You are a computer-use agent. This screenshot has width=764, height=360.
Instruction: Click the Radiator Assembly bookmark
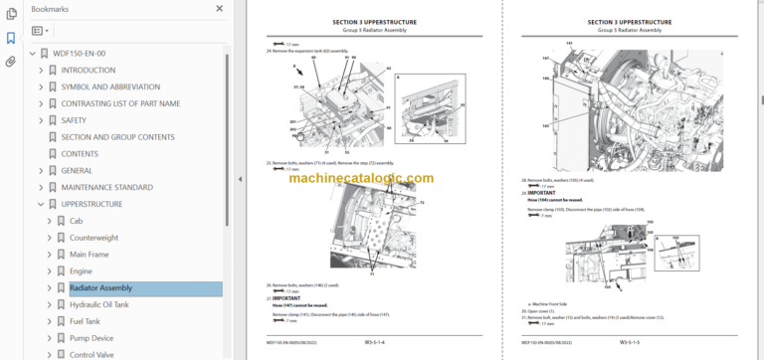point(100,288)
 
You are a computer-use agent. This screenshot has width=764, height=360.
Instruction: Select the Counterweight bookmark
point(94,238)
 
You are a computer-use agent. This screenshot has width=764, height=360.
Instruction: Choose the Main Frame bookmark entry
point(91,255)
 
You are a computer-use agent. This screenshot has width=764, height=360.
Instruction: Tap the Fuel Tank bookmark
point(86,321)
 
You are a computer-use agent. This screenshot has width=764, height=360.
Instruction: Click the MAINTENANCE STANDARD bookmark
point(107,187)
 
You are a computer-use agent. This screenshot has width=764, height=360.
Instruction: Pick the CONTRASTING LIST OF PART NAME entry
point(120,103)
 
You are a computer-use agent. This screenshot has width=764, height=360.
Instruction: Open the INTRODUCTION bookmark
point(89,70)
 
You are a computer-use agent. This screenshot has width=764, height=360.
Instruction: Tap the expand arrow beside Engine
point(50,271)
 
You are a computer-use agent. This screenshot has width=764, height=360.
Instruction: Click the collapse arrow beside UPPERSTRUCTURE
point(41,204)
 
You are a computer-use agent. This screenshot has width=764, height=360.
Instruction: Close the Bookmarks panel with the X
point(220,8)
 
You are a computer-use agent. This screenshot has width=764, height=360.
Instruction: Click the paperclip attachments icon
point(11,61)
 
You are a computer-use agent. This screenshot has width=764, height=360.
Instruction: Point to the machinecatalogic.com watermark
point(361,178)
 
